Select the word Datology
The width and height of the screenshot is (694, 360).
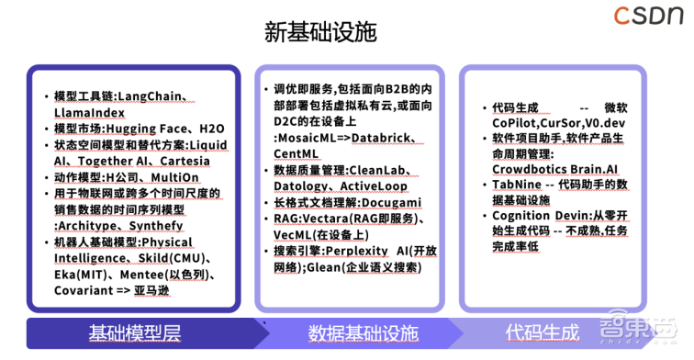click(x=304, y=186)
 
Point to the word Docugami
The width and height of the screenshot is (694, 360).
click(x=392, y=203)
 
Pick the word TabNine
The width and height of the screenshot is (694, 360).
click(x=517, y=186)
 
